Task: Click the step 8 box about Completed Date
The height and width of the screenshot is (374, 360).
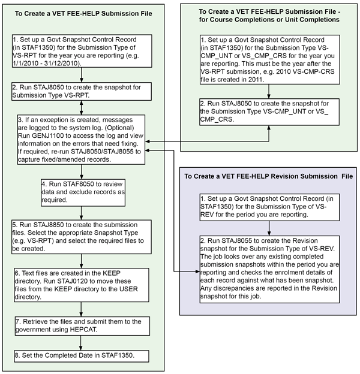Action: [80, 355]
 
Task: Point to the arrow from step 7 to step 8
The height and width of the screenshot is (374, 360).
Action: [80, 342]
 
